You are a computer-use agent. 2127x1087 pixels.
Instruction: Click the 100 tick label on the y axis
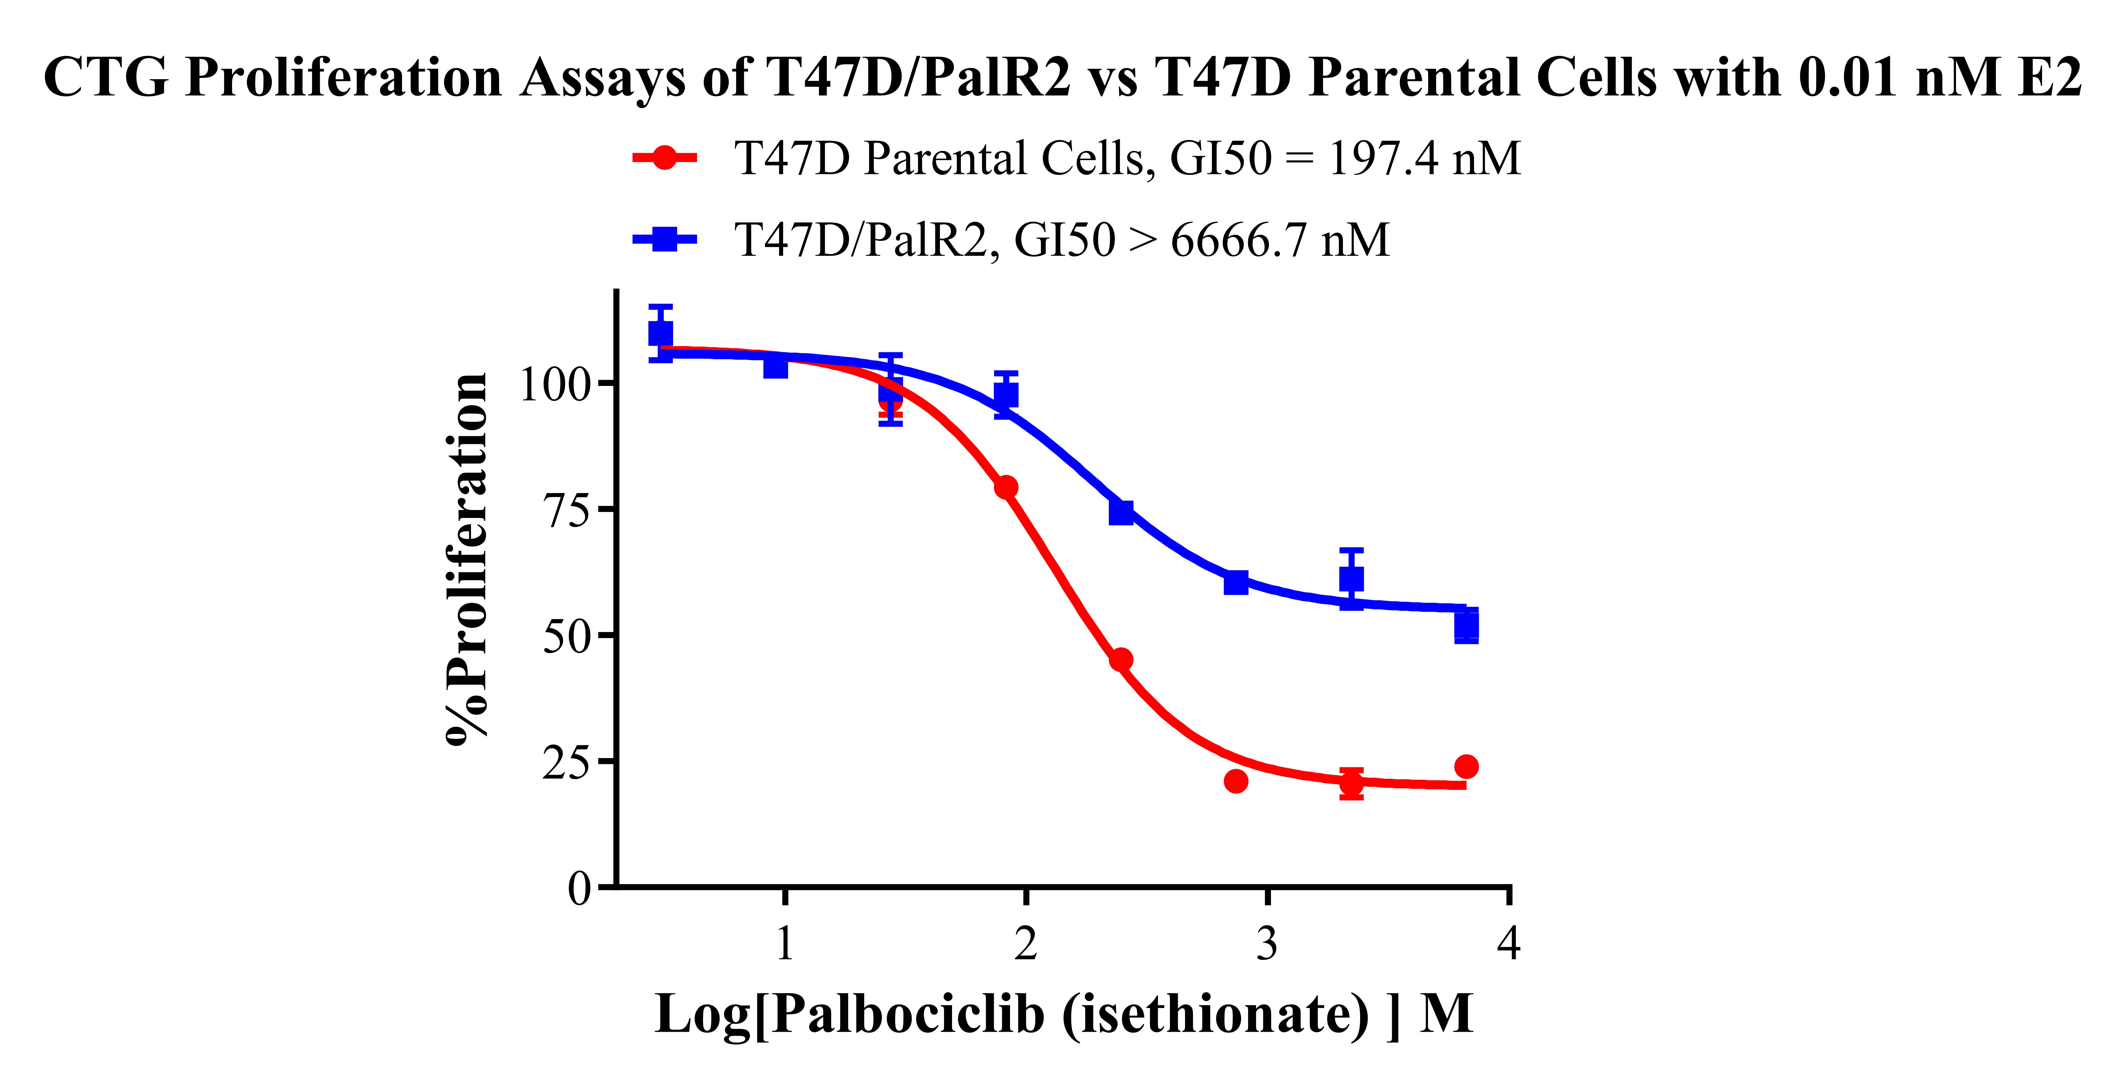[x=555, y=384]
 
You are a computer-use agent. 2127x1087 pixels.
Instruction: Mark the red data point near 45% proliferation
[x=1120, y=659]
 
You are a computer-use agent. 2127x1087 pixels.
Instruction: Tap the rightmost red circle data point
[x=1465, y=766]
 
